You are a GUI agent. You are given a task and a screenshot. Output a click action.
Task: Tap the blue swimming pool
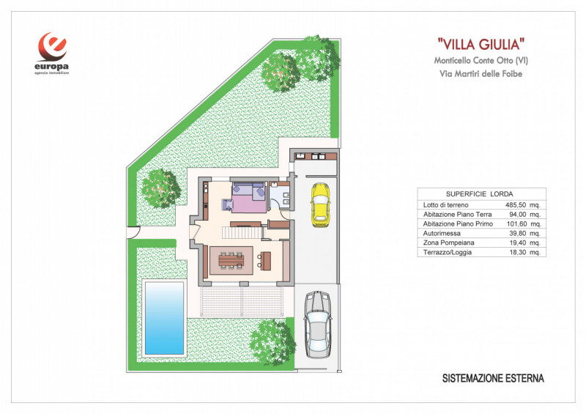coord(164,317)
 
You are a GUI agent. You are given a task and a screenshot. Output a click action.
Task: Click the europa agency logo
coord(53,53)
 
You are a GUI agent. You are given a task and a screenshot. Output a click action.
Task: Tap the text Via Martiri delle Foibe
coord(481,73)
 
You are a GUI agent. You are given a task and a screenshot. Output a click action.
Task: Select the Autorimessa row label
coord(442,233)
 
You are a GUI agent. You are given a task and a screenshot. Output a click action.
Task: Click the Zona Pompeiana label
coord(448,243)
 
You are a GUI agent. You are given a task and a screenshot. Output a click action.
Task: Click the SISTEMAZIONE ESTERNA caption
coord(493,379)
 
